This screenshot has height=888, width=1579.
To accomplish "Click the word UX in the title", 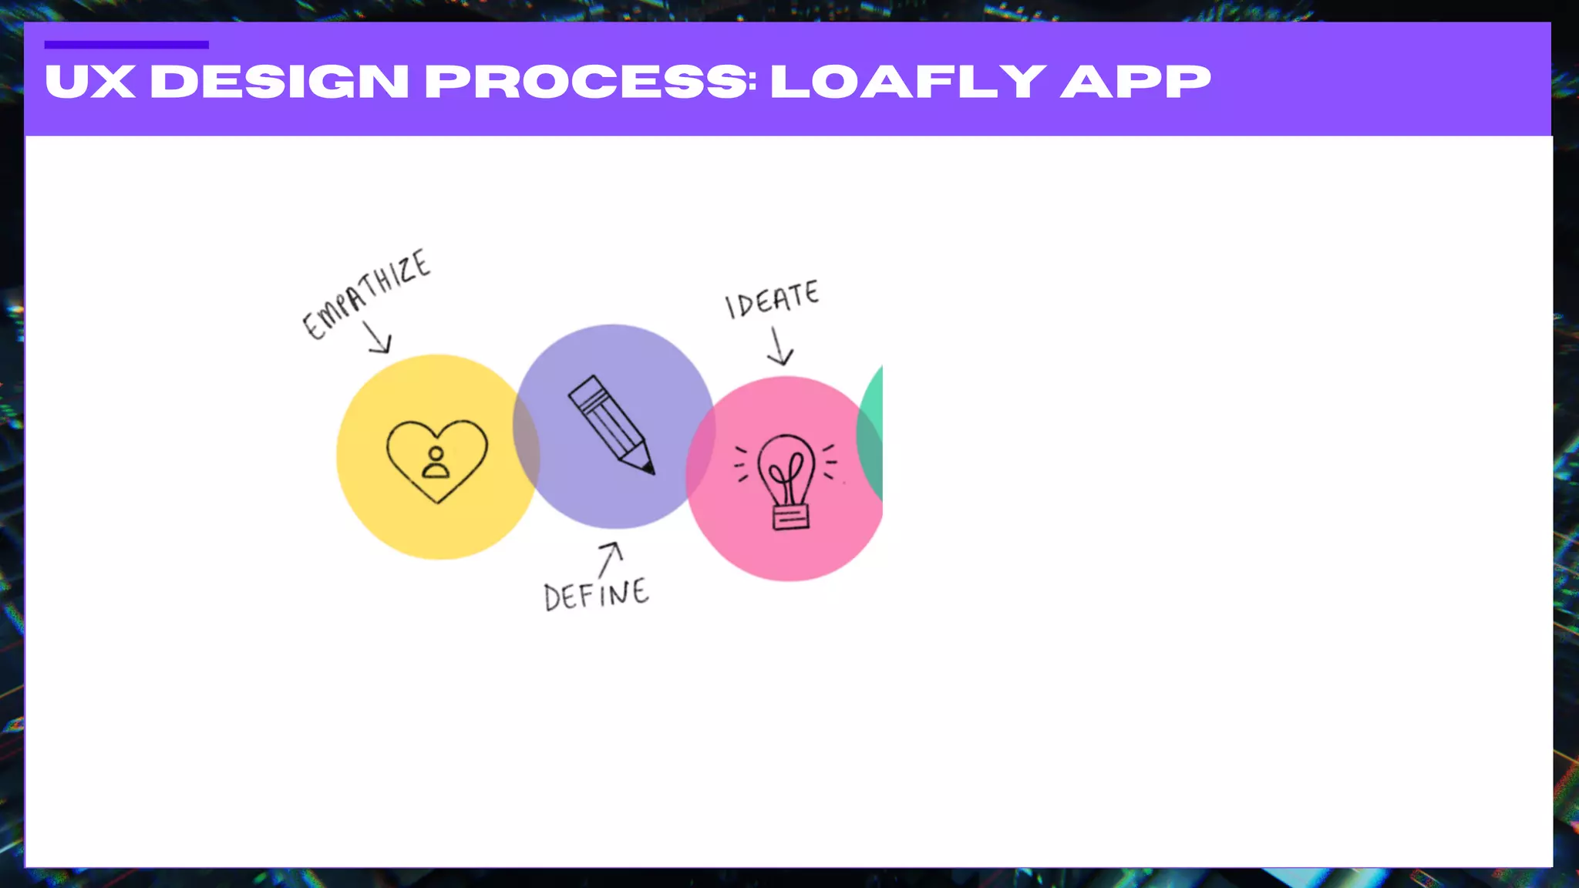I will point(90,82).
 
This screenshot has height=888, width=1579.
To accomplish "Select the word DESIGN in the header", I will point(279,82).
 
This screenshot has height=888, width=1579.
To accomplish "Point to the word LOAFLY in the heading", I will point(908,82).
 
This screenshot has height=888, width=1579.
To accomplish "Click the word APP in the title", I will point(1136,82).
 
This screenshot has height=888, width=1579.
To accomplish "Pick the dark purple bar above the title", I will point(126,45).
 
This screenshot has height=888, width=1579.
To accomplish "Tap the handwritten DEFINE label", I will point(596,594).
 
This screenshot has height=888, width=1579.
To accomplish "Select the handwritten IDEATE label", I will point(772,298).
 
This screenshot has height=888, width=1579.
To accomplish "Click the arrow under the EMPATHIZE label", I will point(378,338).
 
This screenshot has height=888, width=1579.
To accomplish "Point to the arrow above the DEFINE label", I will point(610,557).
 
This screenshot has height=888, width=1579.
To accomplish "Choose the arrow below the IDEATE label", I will point(779,347).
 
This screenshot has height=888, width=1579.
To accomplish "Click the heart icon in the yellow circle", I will point(437,460).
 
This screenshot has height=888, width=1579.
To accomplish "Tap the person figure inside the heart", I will point(436,463).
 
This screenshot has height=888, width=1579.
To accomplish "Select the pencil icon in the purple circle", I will point(612,425).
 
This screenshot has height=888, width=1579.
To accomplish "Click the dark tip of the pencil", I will point(648,466).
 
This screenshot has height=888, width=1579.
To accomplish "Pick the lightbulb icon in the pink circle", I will point(786,480).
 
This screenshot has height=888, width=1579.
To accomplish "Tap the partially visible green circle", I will point(871,436).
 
